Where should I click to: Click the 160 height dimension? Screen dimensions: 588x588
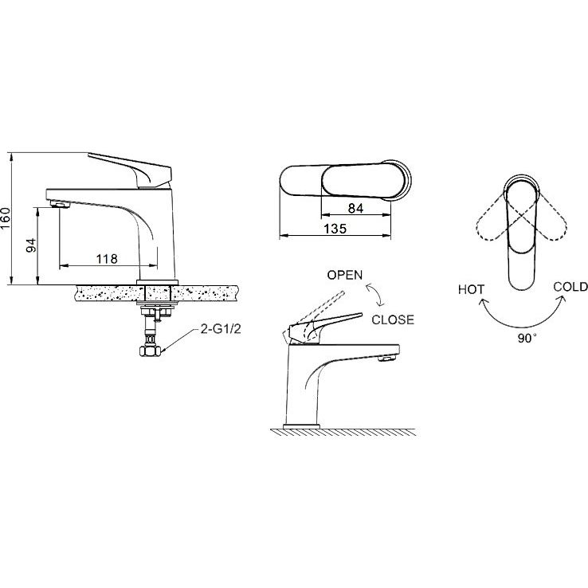coord(6,218)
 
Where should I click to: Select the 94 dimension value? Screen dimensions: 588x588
coord(32,245)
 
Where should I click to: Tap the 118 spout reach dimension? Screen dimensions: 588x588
coord(107,259)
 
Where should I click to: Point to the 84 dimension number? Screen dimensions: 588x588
coord(355,208)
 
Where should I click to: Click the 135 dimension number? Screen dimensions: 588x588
coord(335,229)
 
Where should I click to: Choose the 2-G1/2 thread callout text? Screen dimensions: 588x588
coord(221,329)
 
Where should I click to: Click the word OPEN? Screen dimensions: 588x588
coord(345,275)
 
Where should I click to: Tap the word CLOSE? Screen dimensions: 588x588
coord(393,319)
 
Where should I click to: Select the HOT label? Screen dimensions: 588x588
coord(472,289)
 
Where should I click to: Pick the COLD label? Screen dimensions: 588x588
coord(570,287)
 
